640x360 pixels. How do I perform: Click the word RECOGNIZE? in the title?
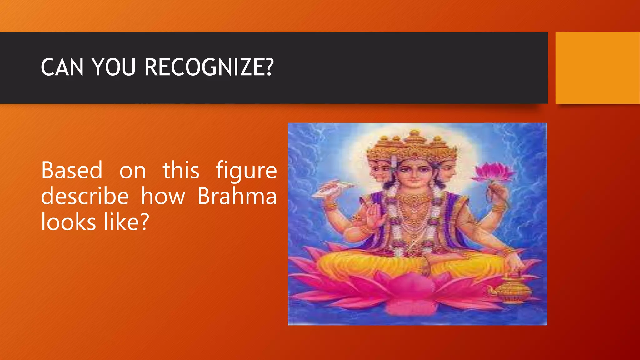coord(209,67)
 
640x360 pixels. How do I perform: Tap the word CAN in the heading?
coord(62,67)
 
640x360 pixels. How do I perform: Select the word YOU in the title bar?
coord(114,67)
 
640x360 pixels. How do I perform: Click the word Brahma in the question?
coord(237,196)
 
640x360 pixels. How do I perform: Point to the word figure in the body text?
coord(246,171)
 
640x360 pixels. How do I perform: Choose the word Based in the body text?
coord(72,171)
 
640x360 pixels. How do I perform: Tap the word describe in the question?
coord(85,196)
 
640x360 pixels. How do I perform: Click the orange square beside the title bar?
coord(597,68)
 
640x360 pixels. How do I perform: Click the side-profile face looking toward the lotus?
coord(448,172)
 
